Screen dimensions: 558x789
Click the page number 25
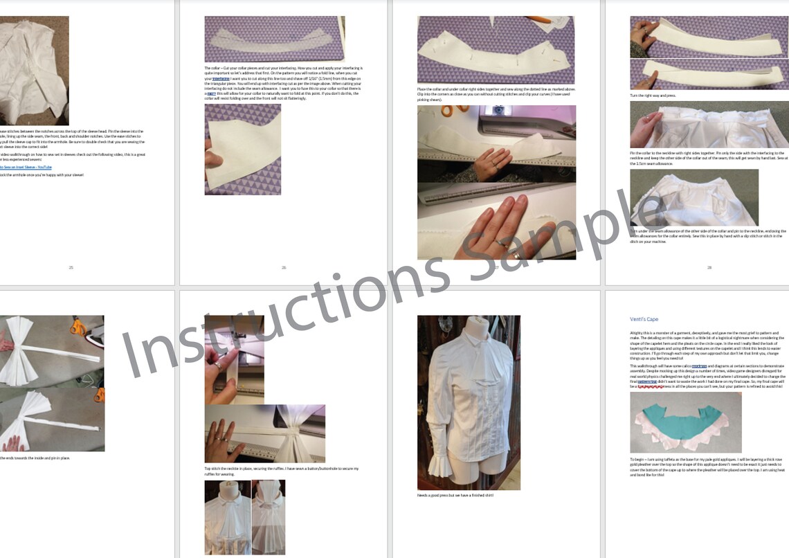pos(71,267)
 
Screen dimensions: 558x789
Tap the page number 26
pos(283,267)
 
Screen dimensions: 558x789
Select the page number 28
pos(709,267)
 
